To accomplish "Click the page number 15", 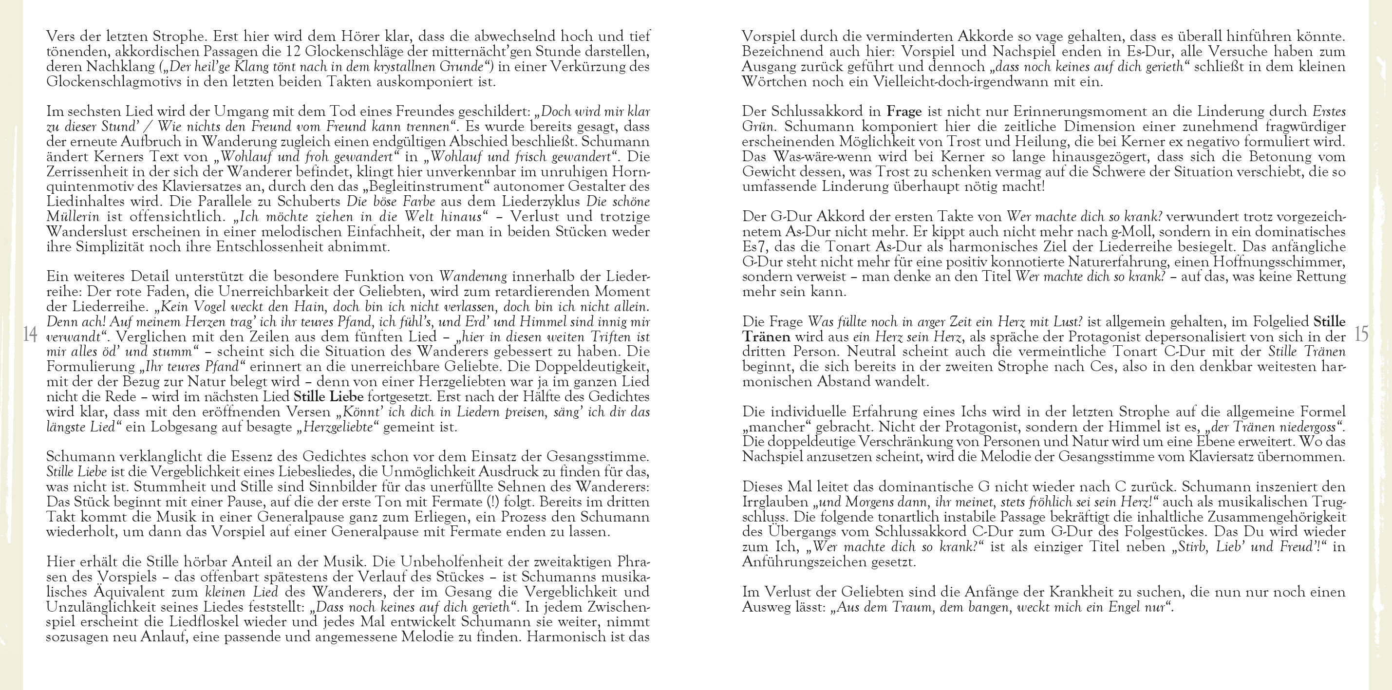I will coord(1361,334).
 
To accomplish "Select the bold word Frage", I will coord(904,112).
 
